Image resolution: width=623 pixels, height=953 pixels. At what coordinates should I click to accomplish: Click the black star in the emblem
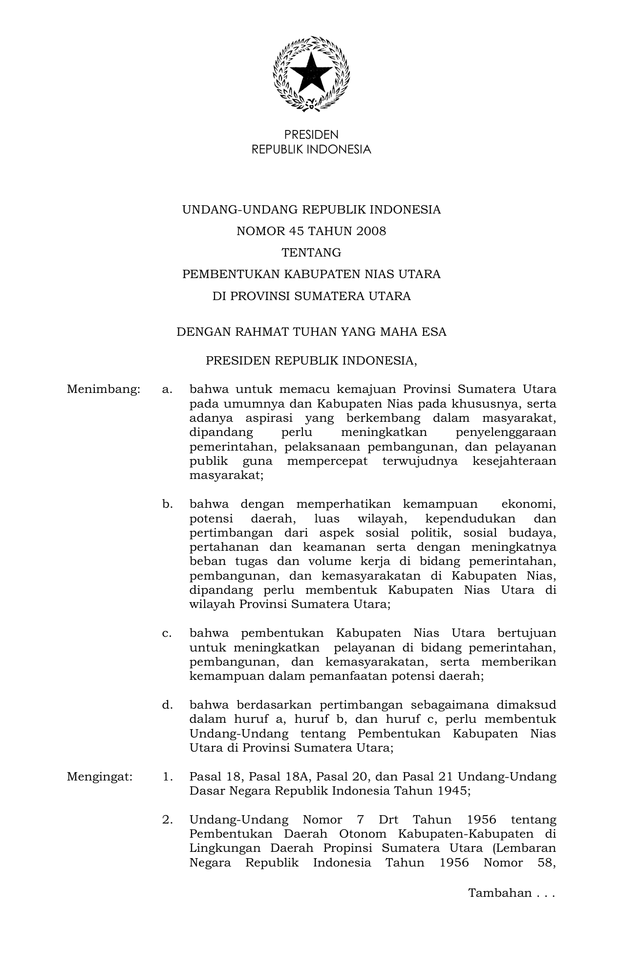coord(311,72)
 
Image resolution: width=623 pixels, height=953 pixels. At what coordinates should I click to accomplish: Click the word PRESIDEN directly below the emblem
coord(311,135)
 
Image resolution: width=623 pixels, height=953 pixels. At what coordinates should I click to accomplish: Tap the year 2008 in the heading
coord(371,231)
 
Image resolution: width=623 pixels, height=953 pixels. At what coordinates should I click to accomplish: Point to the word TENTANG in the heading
coord(311,253)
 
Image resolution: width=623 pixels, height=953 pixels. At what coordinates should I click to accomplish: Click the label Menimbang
coord(104,390)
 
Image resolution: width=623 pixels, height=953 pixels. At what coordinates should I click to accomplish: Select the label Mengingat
coord(100,777)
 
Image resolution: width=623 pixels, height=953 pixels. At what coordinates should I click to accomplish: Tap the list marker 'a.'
coord(168,390)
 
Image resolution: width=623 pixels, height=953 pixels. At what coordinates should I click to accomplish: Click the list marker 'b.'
coord(168,504)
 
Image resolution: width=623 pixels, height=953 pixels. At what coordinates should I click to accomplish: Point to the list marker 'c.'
coord(167,633)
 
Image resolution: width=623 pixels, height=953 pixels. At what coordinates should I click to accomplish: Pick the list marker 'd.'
coord(168,705)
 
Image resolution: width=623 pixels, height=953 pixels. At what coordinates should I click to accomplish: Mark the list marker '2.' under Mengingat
coord(168,820)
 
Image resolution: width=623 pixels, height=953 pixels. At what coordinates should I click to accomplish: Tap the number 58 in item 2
coord(546,863)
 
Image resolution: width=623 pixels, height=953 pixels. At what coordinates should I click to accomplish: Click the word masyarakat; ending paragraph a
coord(226,476)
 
